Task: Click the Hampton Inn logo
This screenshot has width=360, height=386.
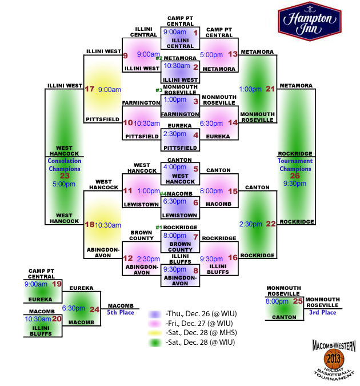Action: click(x=310, y=21)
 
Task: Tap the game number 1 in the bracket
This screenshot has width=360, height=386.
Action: click(x=195, y=33)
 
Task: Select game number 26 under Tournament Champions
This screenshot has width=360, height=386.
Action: click(x=295, y=176)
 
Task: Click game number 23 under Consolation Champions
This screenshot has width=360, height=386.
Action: click(x=65, y=176)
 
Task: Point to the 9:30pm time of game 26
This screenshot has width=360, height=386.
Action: click(x=295, y=184)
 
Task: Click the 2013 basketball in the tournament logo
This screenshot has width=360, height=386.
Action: click(x=333, y=359)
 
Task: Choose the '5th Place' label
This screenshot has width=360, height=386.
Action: click(x=121, y=312)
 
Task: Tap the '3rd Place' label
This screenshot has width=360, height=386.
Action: click(x=323, y=312)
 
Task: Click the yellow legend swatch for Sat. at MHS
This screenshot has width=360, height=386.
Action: click(x=155, y=333)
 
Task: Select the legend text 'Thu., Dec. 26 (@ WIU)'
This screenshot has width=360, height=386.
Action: click(x=201, y=313)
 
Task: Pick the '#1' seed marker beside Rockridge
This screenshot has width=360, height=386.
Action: click(x=159, y=228)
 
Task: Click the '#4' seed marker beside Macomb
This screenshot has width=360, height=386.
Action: click(x=163, y=194)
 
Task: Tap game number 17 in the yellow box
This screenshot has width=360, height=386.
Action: click(x=90, y=89)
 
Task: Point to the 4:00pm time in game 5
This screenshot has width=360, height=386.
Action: click(x=175, y=167)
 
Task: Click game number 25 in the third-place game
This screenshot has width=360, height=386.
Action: click(x=298, y=301)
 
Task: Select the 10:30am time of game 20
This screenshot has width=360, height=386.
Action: click(x=38, y=319)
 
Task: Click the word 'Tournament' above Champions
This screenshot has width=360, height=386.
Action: click(x=295, y=161)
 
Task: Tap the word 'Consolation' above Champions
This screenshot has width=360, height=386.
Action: click(x=65, y=161)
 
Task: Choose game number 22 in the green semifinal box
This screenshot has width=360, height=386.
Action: click(x=271, y=224)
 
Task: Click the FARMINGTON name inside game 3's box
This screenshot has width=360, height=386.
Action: click(x=180, y=114)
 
